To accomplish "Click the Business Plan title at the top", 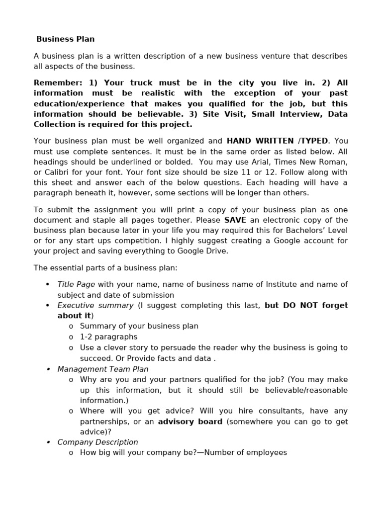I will coord(65,39).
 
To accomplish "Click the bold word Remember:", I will coord(58,83).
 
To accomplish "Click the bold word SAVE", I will coord(235,220).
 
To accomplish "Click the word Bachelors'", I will coord(300,231).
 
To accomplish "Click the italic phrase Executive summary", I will coord(95,305).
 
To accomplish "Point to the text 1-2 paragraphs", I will coord(108,337).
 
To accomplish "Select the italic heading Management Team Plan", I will coord(102,369).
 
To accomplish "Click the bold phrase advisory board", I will coord(190,422).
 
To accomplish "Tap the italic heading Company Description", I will coord(97,442).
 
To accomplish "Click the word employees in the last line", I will coord(265,452).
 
